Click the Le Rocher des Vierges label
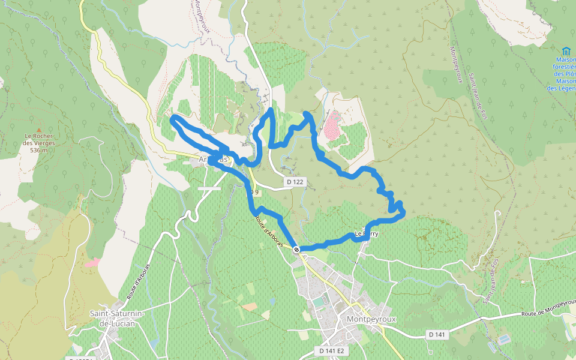click(x=39, y=140)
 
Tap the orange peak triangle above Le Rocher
click(x=39, y=129)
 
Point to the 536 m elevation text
click(x=38, y=150)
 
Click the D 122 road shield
click(x=293, y=182)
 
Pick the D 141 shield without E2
click(x=437, y=334)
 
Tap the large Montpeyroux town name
click(x=371, y=319)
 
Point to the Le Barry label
click(x=367, y=234)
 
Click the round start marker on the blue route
click(x=296, y=249)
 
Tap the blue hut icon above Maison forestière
click(x=566, y=51)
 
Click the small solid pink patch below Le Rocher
click(x=92, y=262)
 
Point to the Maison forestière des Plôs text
click(x=563, y=67)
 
